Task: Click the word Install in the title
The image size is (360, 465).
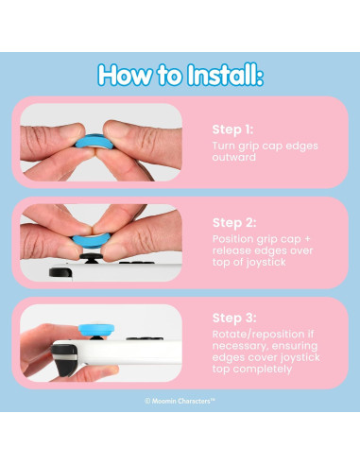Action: coord(225,75)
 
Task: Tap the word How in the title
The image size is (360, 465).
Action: coord(125,75)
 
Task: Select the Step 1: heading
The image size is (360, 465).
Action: coord(232,129)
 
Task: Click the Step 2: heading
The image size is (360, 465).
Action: coord(234,223)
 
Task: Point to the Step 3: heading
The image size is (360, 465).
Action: coord(234,318)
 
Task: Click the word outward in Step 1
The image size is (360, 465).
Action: coord(233,157)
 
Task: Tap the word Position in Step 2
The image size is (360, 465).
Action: coord(233,239)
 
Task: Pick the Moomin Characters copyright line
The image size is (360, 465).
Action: coord(180,401)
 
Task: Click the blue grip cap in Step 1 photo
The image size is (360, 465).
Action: coord(93,142)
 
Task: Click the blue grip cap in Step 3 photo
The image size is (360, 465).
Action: coord(96,330)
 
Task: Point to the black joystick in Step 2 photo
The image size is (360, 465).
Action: coord(91,258)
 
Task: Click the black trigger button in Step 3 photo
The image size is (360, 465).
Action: coord(64,360)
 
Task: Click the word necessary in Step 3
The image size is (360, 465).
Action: coord(240,346)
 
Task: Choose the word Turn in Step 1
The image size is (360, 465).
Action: coord(224,146)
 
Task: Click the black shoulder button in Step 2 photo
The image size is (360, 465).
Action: coord(60,272)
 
